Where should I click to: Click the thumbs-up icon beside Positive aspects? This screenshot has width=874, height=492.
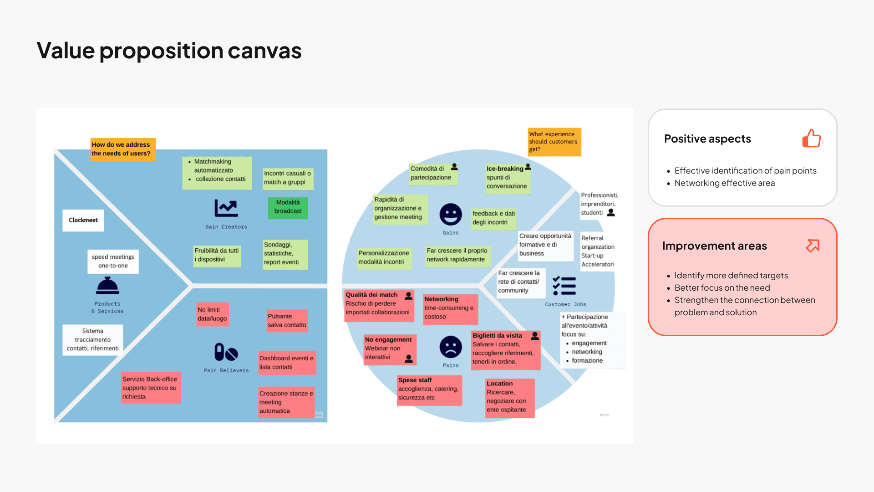811,138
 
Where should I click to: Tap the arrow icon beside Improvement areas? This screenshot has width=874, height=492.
813,246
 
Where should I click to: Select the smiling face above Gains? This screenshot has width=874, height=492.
451,214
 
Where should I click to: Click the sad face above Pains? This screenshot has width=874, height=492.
451,347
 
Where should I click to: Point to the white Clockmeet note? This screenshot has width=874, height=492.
83,220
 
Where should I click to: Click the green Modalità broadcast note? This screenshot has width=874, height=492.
288,207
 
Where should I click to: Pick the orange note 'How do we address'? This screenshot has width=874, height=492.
122,149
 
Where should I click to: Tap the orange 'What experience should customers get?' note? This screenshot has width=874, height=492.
554,142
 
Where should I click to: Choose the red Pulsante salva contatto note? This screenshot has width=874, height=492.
287,321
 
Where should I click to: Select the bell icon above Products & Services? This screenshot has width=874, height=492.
107,286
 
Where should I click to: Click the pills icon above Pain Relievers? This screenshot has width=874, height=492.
226,352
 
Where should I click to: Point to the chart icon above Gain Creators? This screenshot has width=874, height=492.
226,208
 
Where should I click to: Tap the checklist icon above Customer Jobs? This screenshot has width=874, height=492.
564,286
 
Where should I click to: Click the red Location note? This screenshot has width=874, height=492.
509,397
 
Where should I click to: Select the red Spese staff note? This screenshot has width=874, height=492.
429,389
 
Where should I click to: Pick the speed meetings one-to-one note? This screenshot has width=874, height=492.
113,261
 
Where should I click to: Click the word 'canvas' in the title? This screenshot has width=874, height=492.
264,51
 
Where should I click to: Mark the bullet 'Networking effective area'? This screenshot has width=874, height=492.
724,183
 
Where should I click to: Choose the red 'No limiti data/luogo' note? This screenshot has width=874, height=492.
212,314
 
